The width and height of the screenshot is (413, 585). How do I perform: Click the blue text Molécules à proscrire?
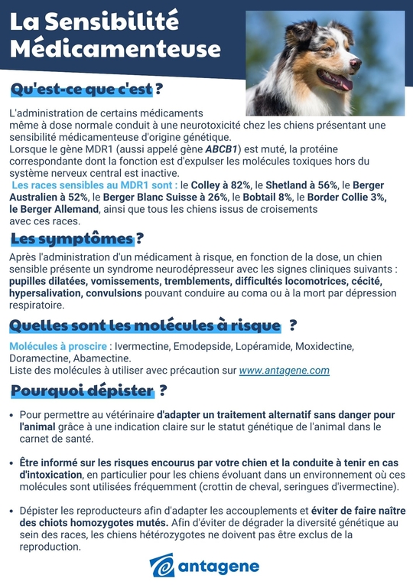57,347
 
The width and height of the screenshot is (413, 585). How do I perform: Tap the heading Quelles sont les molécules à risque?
145,325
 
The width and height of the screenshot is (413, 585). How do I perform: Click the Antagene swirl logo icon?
162,567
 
